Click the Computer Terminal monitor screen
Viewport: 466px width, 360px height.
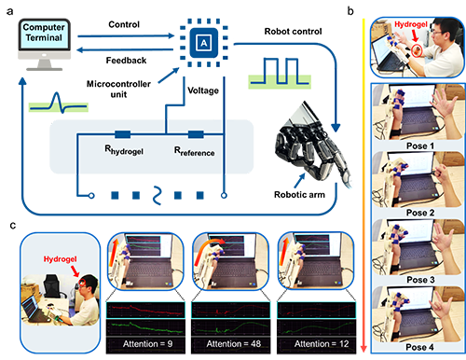pos(44,35)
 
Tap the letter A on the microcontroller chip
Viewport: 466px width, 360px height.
pos(204,43)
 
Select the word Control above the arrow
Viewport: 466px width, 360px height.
pos(124,24)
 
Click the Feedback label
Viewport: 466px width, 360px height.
pos(126,60)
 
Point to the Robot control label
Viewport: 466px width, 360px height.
pos(293,32)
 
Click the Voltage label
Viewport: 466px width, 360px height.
pos(203,90)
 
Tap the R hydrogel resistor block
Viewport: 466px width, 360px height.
pos(123,134)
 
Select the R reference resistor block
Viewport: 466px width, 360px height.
pos(196,134)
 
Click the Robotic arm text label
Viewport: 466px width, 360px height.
pos(299,195)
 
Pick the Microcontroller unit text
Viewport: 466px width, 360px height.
pos(118,89)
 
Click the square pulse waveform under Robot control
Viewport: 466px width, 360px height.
pos(280,72)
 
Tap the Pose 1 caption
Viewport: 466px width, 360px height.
pos(420,145)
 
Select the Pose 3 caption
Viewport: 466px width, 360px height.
pos(420,280)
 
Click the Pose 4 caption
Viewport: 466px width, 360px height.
pos(419,347)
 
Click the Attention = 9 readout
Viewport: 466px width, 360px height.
pos(148,344)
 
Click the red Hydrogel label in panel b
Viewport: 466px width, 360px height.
pos(411,24)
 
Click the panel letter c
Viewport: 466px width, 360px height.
pos(13,225)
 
